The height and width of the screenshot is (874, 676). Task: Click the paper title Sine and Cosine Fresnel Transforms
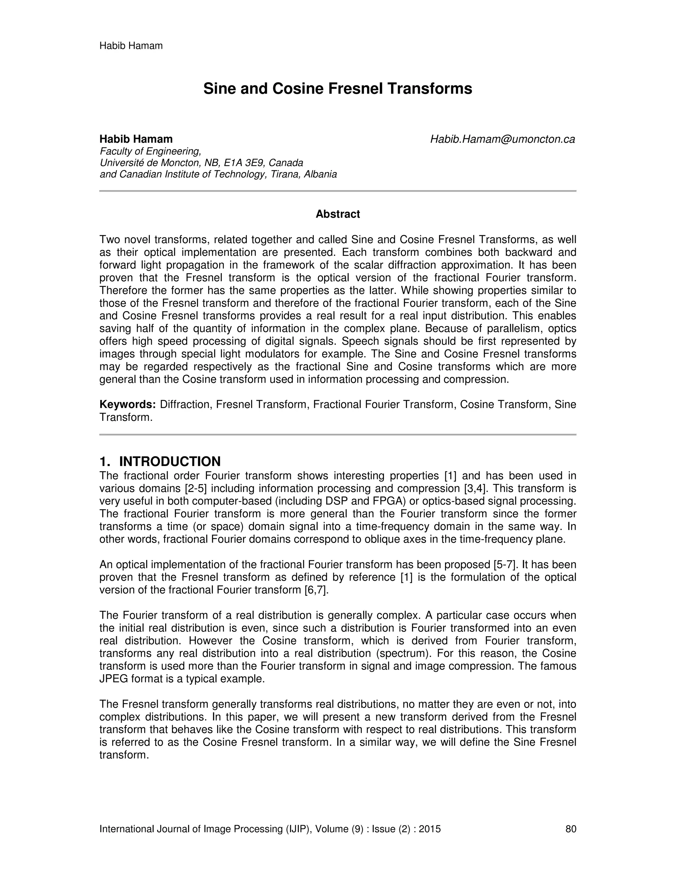(338, 88)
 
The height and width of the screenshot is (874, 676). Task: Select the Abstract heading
(338, 214)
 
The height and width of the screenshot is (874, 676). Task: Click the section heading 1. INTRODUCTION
(160, 461)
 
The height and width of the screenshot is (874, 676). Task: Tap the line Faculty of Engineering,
(150, 151)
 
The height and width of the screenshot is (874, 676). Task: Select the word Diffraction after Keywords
(185, 405)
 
